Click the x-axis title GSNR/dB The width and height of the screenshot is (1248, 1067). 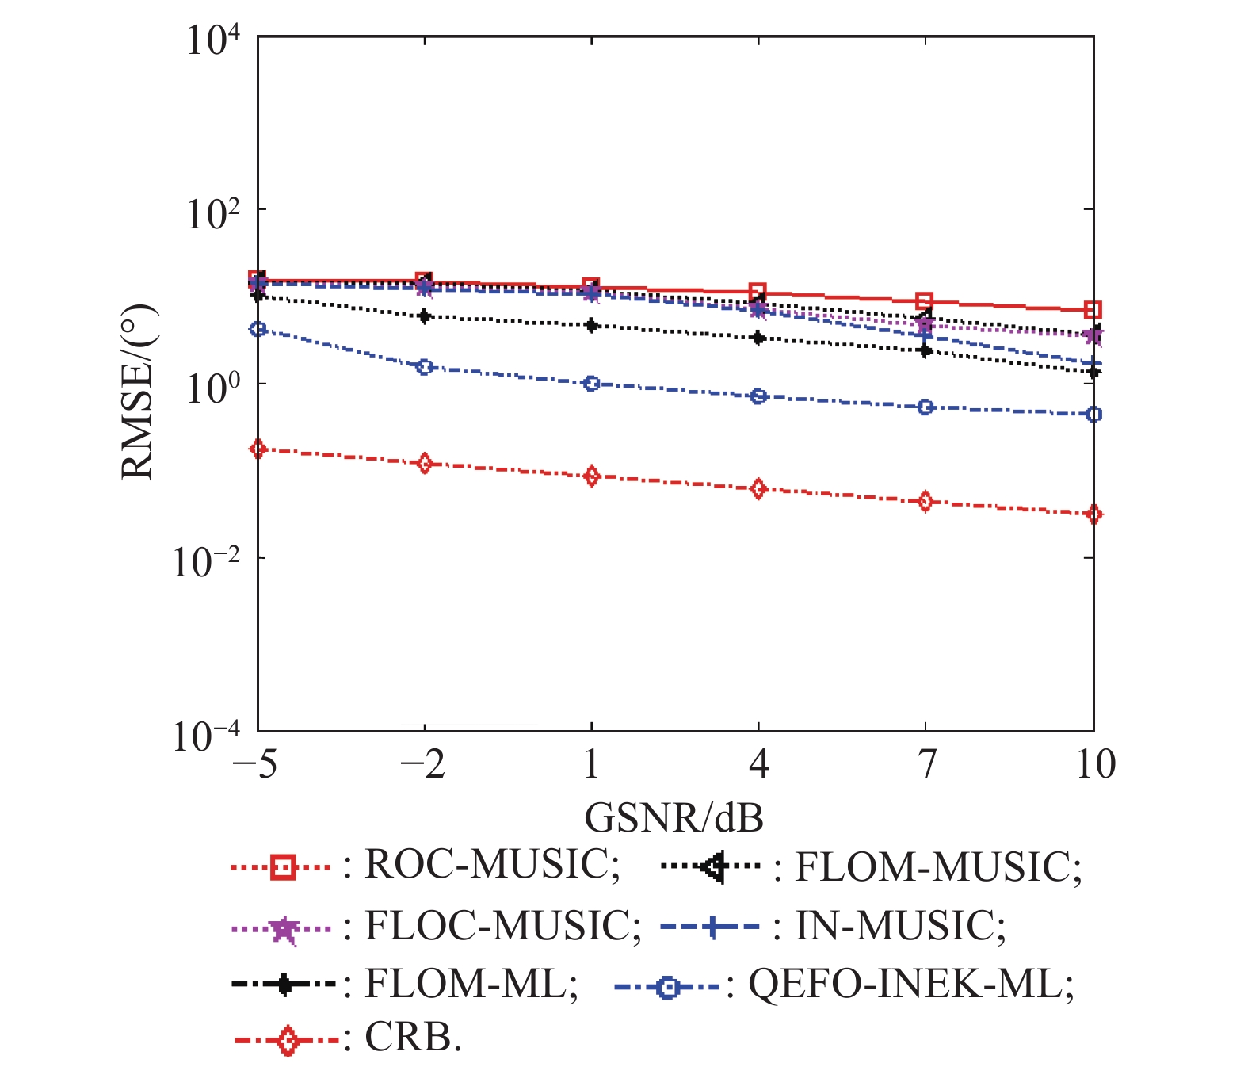(x=674, y=817)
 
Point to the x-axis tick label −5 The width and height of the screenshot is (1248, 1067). (x=254, y=764)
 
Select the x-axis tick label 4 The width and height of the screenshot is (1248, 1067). (x=758, y=764)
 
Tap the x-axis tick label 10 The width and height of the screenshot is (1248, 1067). (x=1095, y=764)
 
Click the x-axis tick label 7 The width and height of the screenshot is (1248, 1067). (x=926, y=764)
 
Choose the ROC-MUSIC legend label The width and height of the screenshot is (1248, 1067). (x=491, y=865)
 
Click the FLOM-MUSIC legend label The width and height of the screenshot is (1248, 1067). (x=937, y=866)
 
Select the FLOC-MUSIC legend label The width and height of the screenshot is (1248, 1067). (x=502, y=925)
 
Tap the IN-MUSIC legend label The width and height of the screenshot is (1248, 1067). (x=899, y=925)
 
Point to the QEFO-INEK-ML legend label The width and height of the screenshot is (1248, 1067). (x=910, y=985)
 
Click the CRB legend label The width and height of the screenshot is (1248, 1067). (x=412, y=1037)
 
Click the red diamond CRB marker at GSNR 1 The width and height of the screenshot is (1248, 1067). (x=591, y=476)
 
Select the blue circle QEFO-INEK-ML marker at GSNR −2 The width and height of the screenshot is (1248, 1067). (x=425, y=367)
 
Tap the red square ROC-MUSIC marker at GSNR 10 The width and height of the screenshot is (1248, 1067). (x=1093, y=310)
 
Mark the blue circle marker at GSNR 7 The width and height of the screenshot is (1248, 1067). (x=926, y=407)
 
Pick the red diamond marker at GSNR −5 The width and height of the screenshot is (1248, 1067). (x=258, y=449)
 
